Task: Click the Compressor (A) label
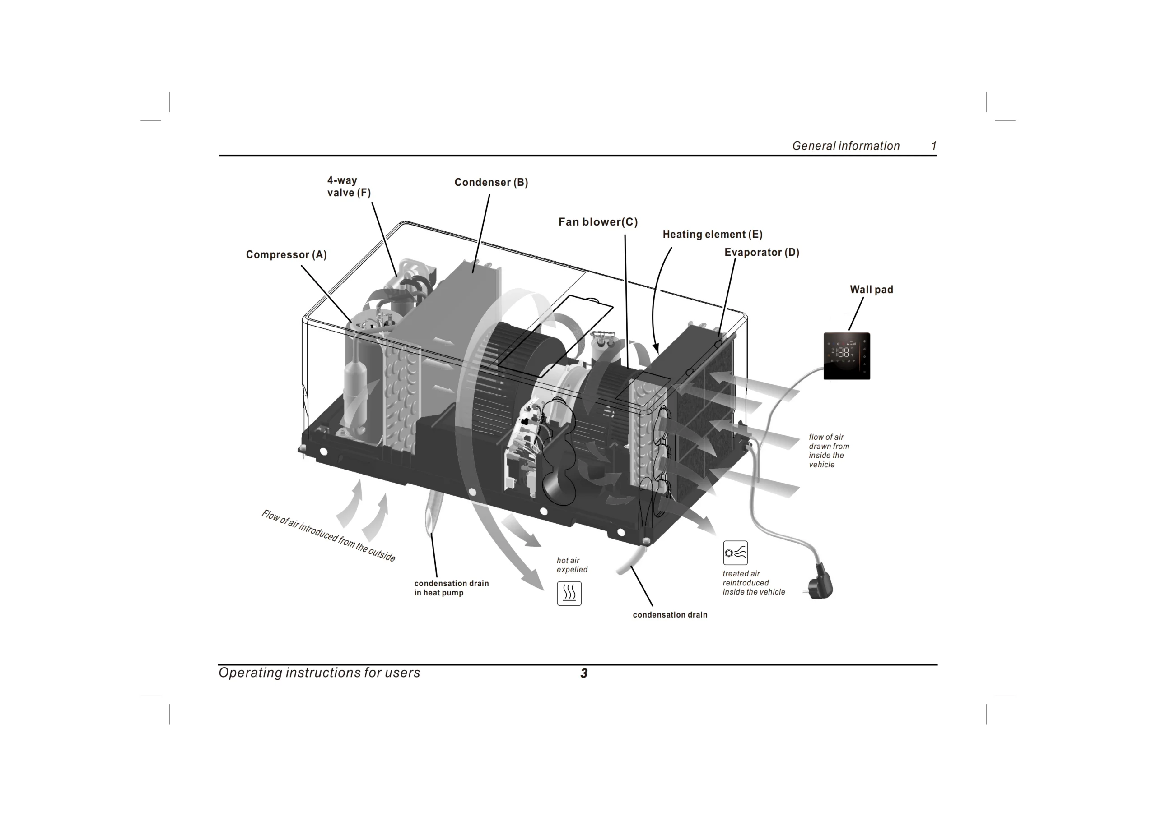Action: click(x=286, y=254)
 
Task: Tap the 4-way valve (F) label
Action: click(x=349, y=187)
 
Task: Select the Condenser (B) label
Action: click(x=491, y=182)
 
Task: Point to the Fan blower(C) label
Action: click(x=597, y=222)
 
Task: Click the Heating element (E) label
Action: click(x=712, y=235)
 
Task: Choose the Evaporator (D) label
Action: click(x=761, y=253)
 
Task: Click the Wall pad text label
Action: click(x=871, y=290)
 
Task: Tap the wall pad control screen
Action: click(x=846, y=356)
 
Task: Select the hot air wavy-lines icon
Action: click(x=569, y=593)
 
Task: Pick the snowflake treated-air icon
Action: click(x=735, y=553)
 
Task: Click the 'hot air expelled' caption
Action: click(x=572, y=565)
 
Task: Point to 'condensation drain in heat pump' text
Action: click(x=451, y=588)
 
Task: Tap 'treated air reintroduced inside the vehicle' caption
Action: click(x=753, y=583)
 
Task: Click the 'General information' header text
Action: click(x=845, y=146)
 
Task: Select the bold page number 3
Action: click(x=583, y=673)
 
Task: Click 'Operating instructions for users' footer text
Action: click(x=319, y=673)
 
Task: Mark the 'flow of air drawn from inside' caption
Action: click(x=828, y=451)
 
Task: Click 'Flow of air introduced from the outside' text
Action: click(x=328, y=535)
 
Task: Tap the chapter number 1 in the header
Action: click(x=933, y=146)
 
